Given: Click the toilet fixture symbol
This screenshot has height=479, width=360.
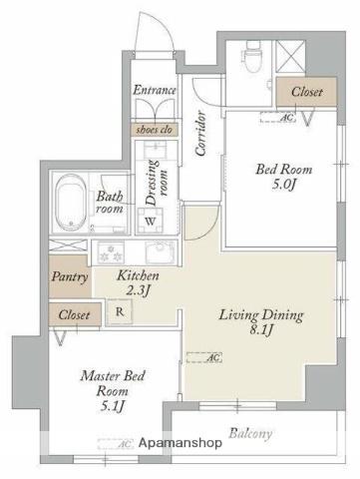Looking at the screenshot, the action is (x=253, y=56).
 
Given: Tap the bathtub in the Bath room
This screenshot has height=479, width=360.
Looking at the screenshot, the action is (x=70, y=203).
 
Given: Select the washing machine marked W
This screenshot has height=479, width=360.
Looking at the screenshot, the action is (x=151, y=221).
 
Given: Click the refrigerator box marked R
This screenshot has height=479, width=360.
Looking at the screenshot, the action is (x=120, y=311).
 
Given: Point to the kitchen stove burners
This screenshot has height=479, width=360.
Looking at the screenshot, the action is (x=110, y=252).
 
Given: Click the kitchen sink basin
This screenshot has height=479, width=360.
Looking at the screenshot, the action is (x=161, y=252).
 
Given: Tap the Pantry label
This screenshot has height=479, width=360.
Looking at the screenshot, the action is (x=70, y=277).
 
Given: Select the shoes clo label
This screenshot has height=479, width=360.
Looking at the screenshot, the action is (x=154, y=130).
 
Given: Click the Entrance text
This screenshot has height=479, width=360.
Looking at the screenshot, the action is (x=155, y=90).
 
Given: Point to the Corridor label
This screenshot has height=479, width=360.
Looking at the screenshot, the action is (x=200, y=134).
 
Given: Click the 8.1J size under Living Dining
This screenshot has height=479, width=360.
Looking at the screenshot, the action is (x=261, y=330).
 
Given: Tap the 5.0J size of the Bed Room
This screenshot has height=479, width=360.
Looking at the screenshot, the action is (x=283, y=185).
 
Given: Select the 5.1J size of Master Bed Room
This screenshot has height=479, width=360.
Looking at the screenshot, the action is (x=113, y=405).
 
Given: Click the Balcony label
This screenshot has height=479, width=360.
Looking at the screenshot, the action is (x=250, y=434).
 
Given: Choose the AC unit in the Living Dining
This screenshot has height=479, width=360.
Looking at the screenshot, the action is (x=204, y=357).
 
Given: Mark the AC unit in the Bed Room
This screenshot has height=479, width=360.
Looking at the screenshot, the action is (x=278, y=118).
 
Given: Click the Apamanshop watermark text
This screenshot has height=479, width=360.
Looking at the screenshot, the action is (x=180, y=443).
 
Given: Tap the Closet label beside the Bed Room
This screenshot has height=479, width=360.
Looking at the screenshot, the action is (x=306, y=92).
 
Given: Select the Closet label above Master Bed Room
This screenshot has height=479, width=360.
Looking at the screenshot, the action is (x=74, y=314).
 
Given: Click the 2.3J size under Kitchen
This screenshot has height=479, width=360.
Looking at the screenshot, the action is (x=139, y=290).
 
